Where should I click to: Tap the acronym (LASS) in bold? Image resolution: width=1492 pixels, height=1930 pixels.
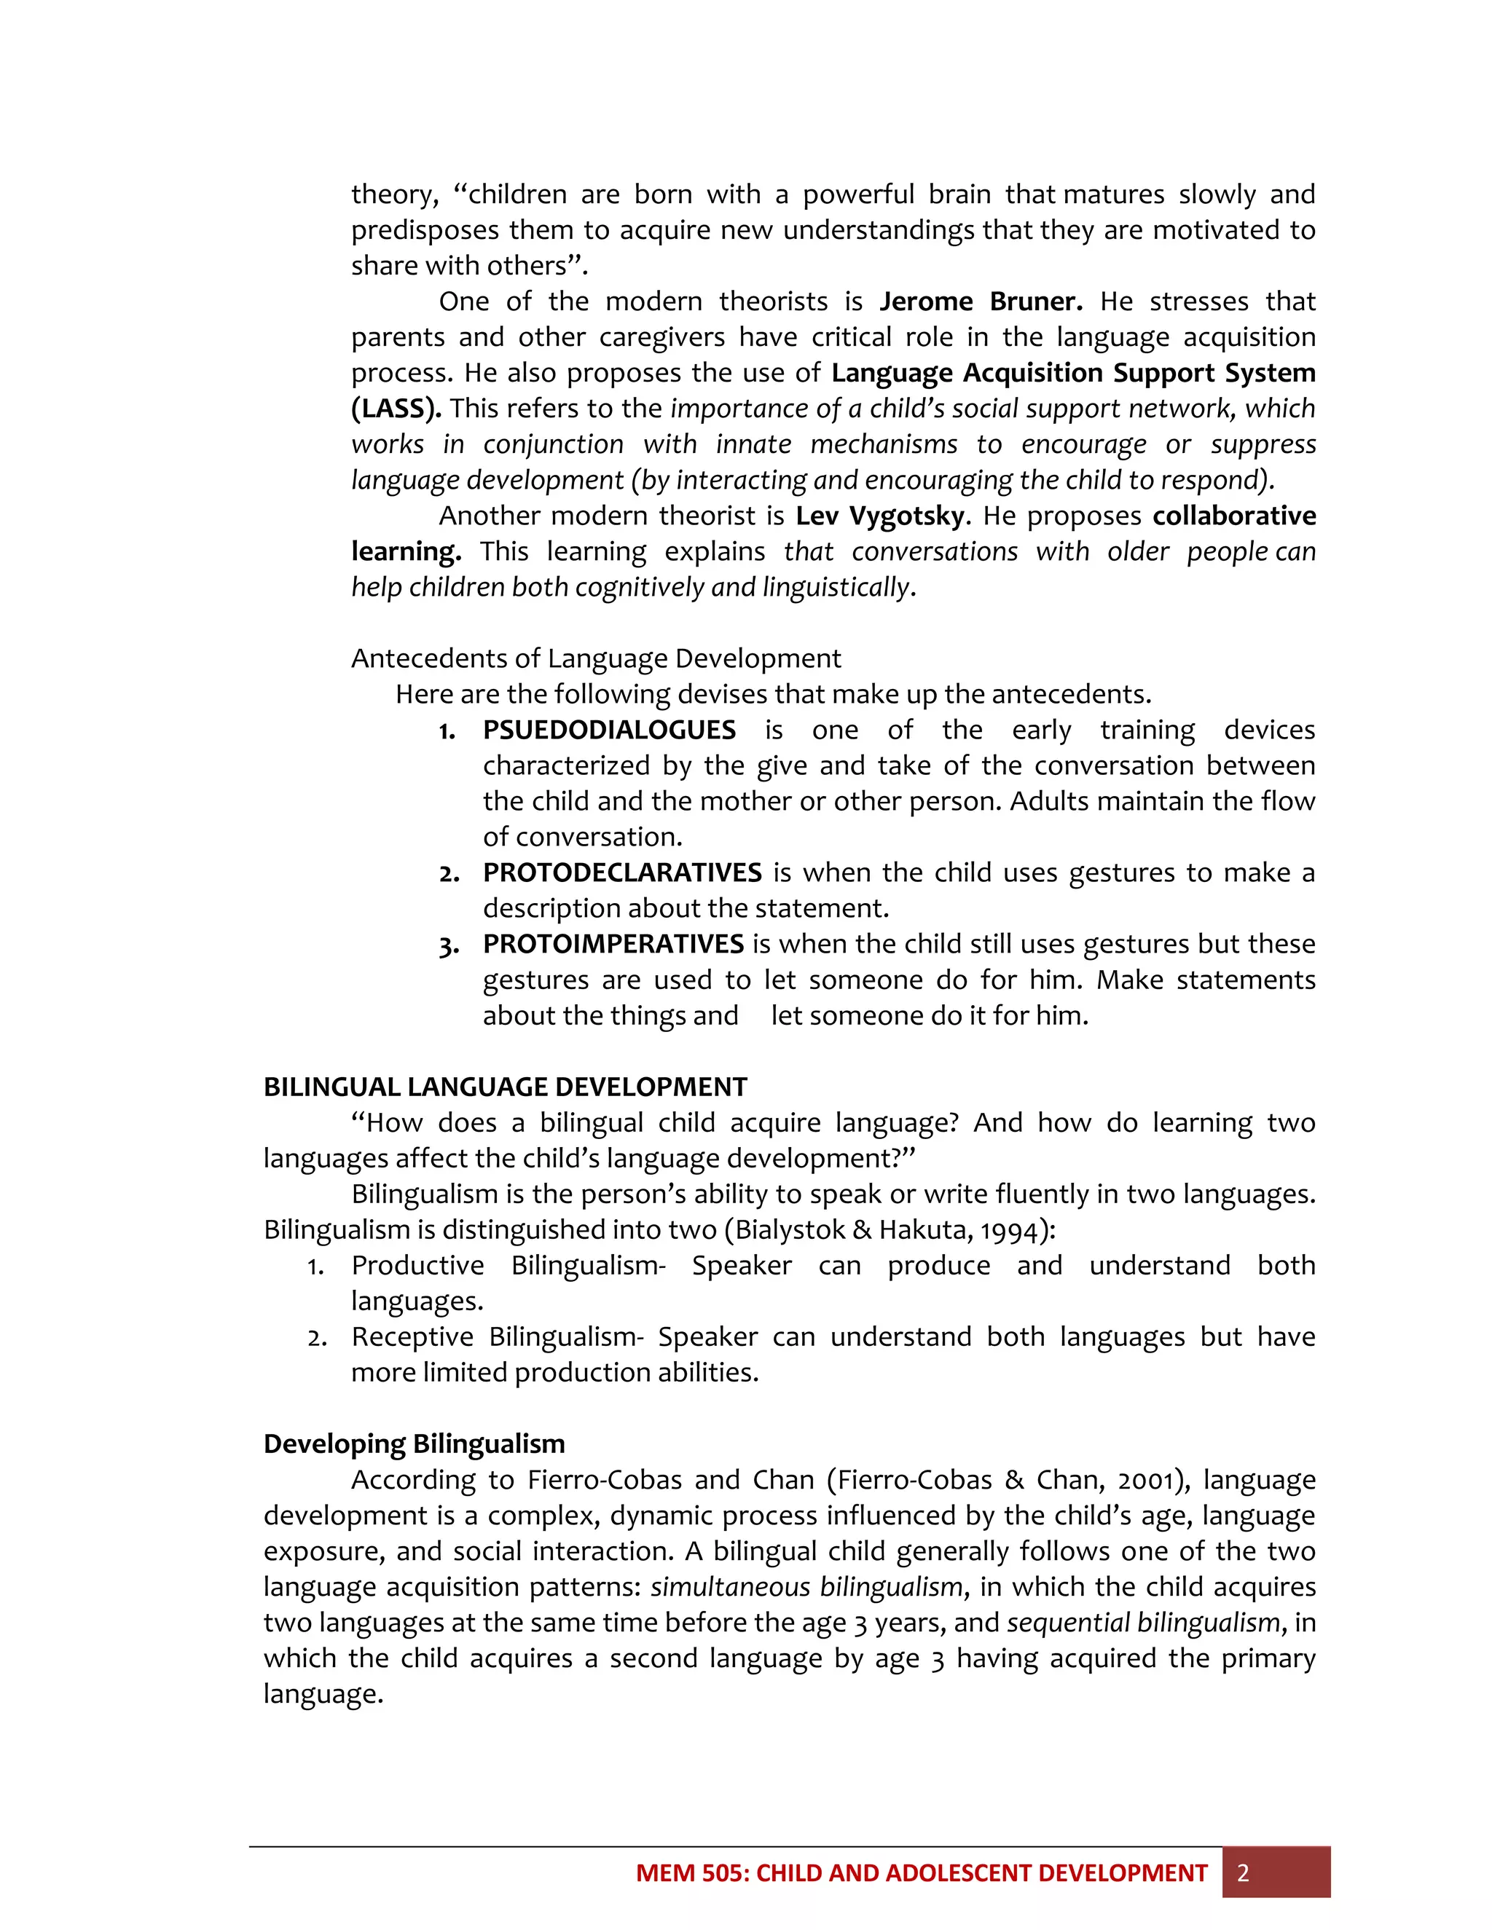396,409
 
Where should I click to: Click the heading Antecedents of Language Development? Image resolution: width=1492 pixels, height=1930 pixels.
596,658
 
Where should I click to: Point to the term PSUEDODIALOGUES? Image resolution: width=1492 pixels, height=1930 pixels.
609,730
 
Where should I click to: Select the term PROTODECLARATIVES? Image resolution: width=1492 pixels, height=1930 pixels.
622,873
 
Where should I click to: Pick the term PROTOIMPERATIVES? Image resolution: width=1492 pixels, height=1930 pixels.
613,944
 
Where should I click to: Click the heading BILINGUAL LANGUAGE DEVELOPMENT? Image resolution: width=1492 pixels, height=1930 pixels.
505,1087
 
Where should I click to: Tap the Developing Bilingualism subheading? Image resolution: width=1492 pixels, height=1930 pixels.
414,1444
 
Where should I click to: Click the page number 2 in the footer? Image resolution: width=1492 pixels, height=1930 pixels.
1243,1873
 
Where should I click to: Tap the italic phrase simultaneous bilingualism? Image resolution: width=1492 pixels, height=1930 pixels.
806,1587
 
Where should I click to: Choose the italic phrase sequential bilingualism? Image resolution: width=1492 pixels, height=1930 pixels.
1143,1623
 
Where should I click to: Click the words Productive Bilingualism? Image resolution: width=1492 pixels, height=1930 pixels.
507,1266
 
